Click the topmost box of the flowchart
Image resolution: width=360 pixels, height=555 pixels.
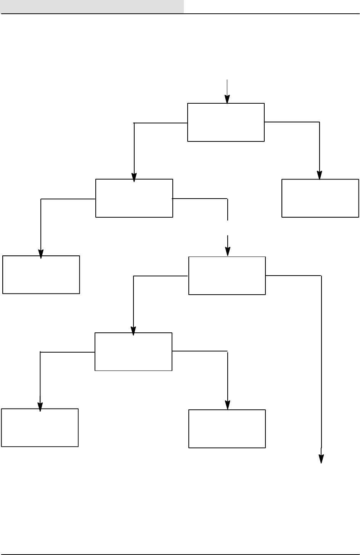pos(226,122)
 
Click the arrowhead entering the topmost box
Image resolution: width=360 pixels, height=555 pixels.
pos(227,99)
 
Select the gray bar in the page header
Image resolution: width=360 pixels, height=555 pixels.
pos(92,6)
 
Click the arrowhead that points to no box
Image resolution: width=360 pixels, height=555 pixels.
pos(321,459)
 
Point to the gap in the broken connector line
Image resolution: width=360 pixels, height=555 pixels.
pos(228,228)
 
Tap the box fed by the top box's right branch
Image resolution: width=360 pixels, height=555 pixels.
pos(320,198)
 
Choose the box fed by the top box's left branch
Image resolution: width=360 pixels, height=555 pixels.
pos(134,198)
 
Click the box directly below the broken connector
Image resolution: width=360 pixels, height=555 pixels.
pos(227,275)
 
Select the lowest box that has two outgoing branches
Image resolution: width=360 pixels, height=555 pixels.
pos(133,351)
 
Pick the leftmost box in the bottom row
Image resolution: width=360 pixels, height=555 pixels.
pos(40,427)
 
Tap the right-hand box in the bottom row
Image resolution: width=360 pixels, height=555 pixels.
pos(227,428)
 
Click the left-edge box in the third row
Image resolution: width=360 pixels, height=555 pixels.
pos(41,274)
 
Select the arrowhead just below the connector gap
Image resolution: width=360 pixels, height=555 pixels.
pos(228,252)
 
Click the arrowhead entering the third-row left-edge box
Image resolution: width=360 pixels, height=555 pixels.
pos(41,254)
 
